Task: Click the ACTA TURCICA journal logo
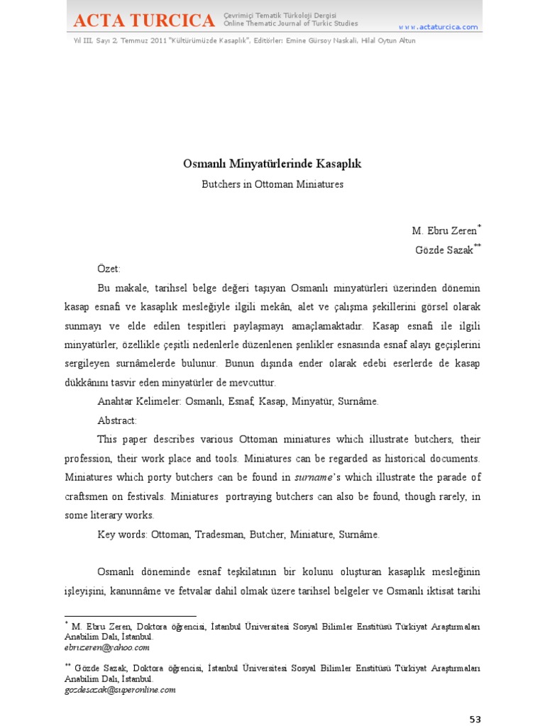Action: coord(143,21)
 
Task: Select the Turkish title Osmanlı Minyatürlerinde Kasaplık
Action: coord(272,164)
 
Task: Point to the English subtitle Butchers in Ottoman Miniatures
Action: coord(272,184)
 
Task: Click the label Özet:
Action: coord(109,269)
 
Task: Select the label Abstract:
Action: coord(117,420)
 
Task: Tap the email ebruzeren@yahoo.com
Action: coord(106,647)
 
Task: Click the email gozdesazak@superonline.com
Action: coord(119,689)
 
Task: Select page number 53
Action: coord(475,719)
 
